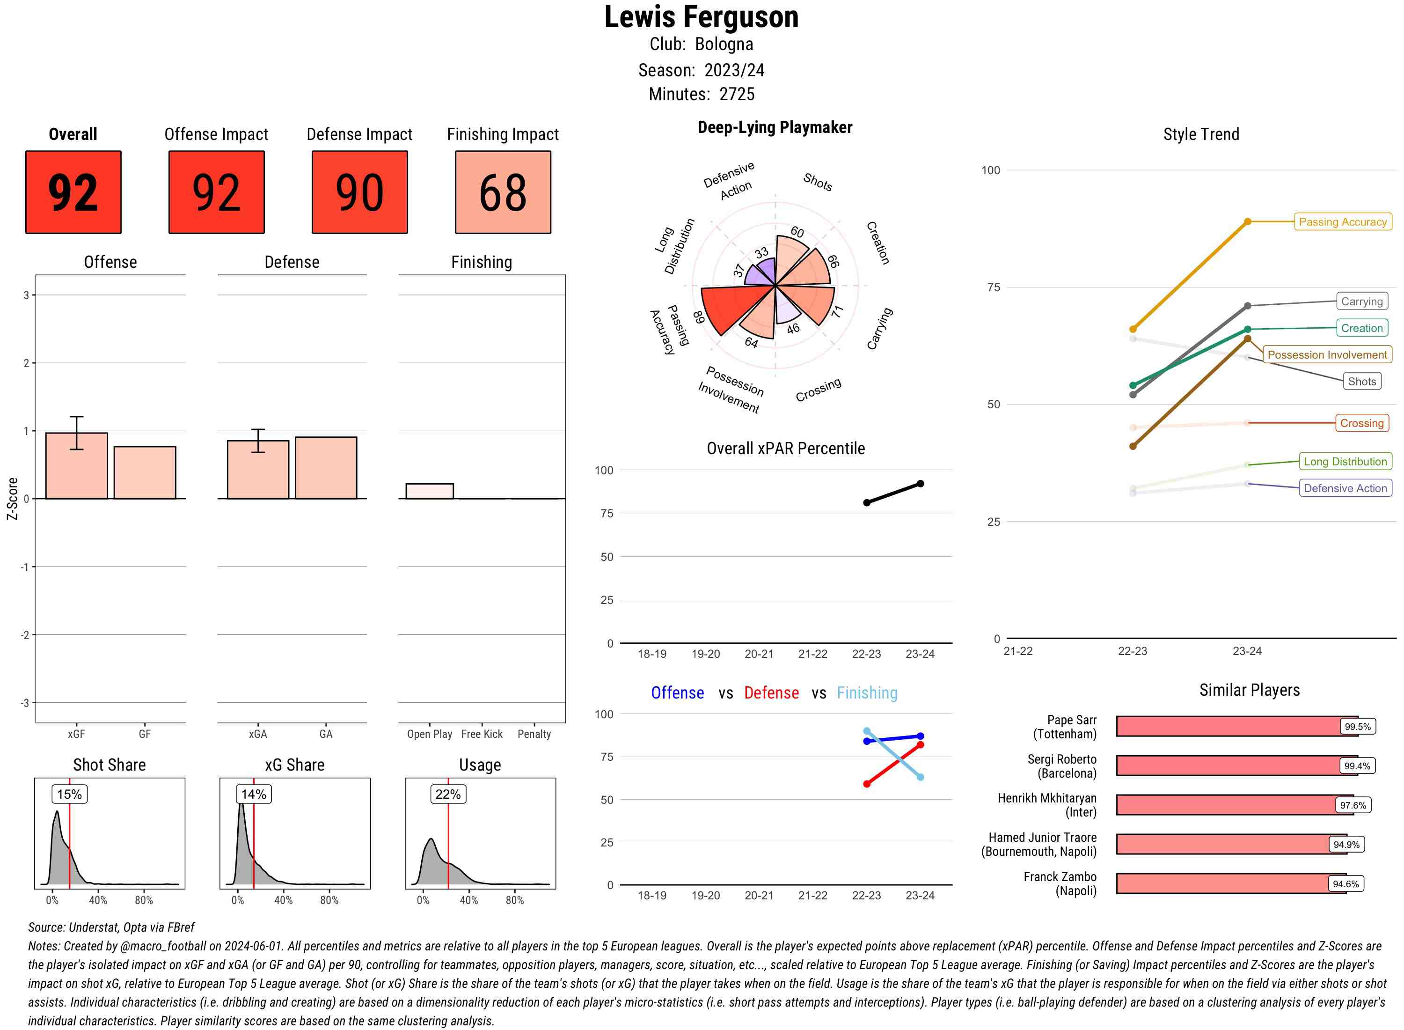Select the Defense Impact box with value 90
pyautogui.click(x=359, y=192)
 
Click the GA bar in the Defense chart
pyautogui.click(x=326, y=468)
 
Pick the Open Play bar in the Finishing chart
pyautogui.click(x=429, y=491)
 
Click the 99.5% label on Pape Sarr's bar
pyautogui.click(x=1357, y=726)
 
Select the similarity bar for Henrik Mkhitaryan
pyautogui.click(x=1225, y=805)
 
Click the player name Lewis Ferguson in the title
pyautogui.click(x=701, y=17)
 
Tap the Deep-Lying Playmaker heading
pyautogui.click(x=775, y=127)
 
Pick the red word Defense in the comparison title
pyautogui.click(x=771, y=693)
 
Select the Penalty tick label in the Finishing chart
pyautogui.click(x=534, y=734)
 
